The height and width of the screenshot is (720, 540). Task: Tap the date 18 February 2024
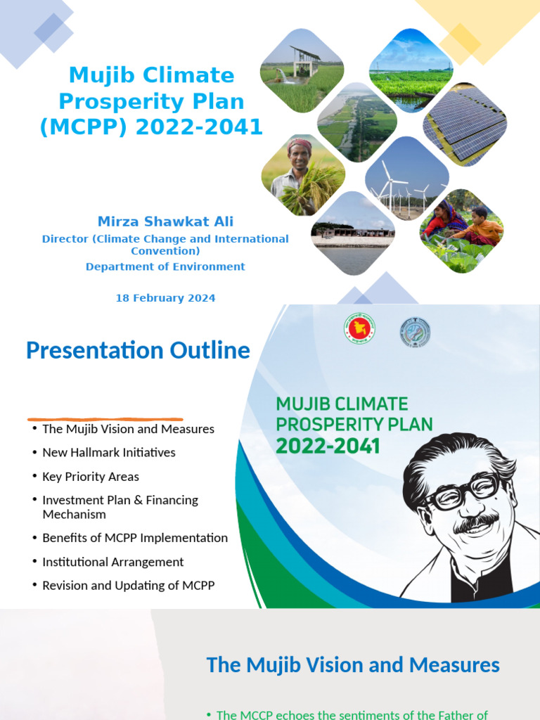tap(165, 298)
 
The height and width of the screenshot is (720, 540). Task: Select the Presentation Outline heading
tap(138, 350)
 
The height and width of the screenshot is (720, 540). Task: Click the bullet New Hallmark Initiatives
tap(108, 452)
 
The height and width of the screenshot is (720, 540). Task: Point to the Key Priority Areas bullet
tap(90, 476)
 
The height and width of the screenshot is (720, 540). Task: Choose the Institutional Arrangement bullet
tap(112, 562)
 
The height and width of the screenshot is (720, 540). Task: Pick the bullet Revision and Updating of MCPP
tap(128, 585)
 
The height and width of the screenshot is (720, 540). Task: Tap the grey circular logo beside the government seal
tap(415, 332)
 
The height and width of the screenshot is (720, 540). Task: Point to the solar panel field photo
tap(464, 125)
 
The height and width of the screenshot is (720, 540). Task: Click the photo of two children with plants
tap(462, 230)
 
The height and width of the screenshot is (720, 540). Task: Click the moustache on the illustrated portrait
tap(476, 522)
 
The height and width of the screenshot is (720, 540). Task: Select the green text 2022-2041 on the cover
tap(328, 446)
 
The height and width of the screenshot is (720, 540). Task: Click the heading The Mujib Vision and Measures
tap(353, 664)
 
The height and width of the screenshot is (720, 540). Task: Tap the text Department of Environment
tap(165, 266)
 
